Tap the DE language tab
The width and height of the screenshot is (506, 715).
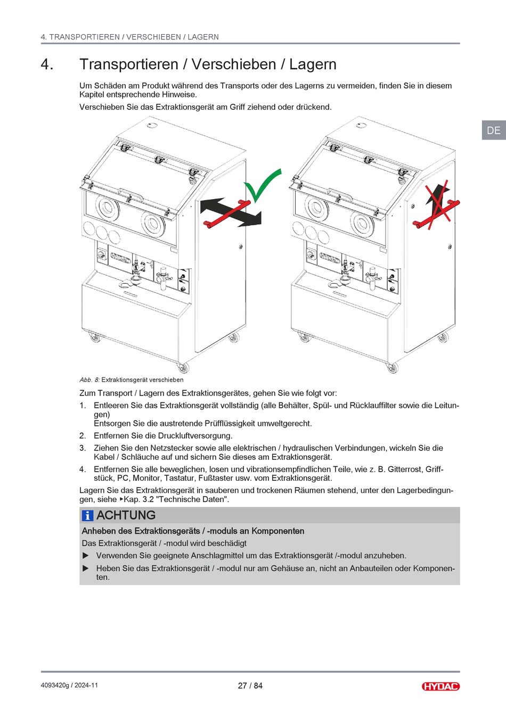(494, 130)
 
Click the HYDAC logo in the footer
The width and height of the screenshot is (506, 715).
(440, 686)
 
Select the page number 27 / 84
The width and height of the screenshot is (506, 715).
(250, 686)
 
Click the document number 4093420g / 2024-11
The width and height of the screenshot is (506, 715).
(69, 685)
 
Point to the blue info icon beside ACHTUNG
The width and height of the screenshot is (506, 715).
(87, 515)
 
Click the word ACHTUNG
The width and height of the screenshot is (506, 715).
(126, 515)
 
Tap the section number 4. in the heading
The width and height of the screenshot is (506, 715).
(47, 64)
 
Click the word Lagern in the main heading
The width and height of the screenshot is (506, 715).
(313, 64)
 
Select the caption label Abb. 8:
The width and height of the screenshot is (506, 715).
(89, 380)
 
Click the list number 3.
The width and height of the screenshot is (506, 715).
(83, 448)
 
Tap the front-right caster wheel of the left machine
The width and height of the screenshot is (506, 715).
(183, 367)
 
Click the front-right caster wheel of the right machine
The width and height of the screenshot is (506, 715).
(393, 367)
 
